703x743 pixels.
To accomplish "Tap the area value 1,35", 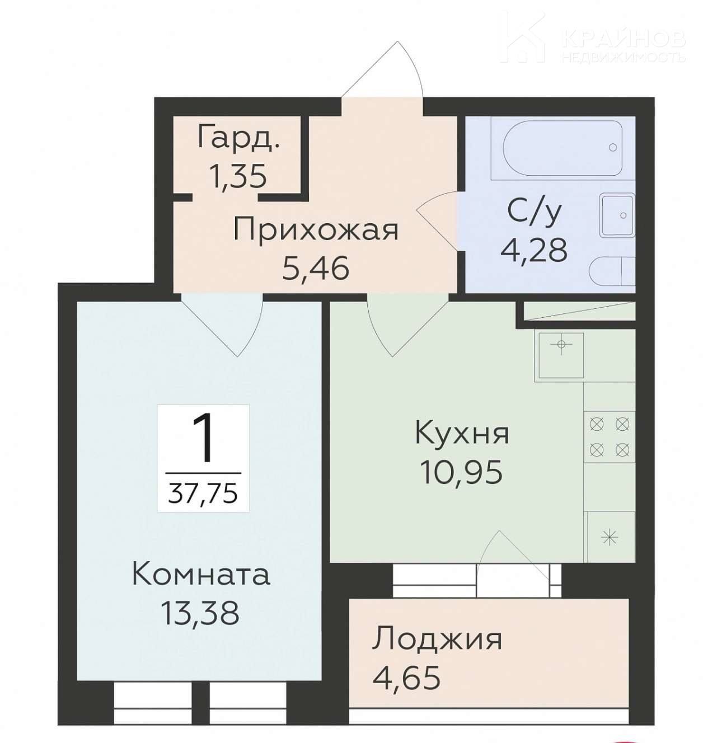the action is click(238, 177).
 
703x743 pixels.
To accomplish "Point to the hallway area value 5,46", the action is click(316, 269).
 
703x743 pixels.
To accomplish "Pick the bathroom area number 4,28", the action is click(534, 250).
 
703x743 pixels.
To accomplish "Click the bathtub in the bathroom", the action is click(563, 148).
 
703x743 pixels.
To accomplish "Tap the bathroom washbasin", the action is click(617, 215).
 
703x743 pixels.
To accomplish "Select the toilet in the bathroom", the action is click(612, 271).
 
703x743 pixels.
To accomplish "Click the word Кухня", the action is click(462, 434).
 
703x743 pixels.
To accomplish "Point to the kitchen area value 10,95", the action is click(462, 472).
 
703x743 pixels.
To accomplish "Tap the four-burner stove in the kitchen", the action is click(609, 437).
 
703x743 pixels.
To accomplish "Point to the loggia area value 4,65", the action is click(406, 677).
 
